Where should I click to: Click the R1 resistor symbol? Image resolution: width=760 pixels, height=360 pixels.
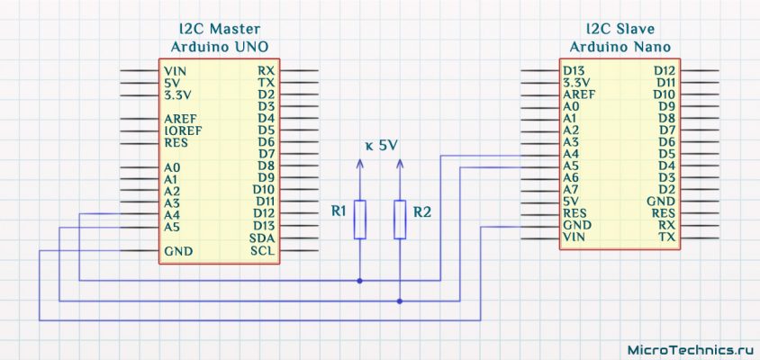coord(360,219)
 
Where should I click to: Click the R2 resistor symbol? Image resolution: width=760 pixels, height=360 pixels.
coord(400,219)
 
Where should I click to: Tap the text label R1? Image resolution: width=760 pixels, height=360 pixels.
coord(339,212)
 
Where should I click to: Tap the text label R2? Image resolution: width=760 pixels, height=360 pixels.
coord(422,212)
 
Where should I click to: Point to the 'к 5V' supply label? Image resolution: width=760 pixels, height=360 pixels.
coord(381,145)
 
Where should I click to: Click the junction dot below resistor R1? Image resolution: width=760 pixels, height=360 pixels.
coord(360,281)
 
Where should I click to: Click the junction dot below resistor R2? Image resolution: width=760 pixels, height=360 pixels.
coord(400,301)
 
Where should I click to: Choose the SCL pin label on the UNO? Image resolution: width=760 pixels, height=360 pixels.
coord(263,250)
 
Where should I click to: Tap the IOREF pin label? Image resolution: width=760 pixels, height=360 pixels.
coord(182,130)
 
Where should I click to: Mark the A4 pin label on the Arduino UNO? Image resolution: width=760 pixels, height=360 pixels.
coord(172,215)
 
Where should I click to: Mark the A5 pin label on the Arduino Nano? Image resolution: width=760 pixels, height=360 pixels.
coord(571,166)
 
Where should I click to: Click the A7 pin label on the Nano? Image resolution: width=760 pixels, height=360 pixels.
coord(571,190)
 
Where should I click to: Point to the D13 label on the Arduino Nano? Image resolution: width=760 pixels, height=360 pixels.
coord(575,70)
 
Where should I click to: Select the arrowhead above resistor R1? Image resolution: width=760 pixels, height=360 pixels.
coord(360,164)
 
